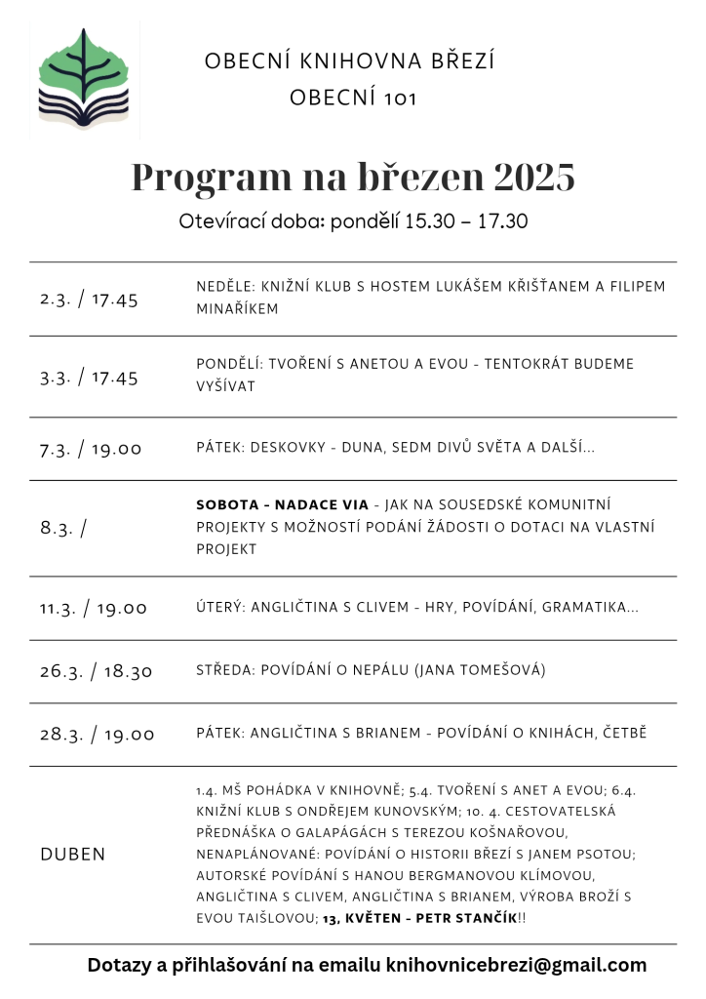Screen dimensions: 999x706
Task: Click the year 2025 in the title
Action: (534, 178)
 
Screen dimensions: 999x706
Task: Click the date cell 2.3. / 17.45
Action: (90, 300)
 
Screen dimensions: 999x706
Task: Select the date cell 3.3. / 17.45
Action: (90, 378)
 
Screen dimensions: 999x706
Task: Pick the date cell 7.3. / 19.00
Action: (91, 449)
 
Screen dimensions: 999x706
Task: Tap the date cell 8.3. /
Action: (63, 528)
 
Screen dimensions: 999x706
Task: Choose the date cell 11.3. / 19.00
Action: (94, 608)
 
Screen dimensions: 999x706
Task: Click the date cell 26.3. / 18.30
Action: (96, 671)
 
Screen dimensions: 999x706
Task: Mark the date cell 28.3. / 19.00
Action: (97, 735)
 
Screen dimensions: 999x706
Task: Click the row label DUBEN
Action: (73, 855)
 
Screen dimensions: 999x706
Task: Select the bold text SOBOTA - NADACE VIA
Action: (282, 505)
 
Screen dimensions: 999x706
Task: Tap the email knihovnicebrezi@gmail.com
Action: (516, 966)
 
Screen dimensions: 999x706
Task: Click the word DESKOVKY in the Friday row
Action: (284, 448)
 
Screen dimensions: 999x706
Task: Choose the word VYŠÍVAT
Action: (226, 386)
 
